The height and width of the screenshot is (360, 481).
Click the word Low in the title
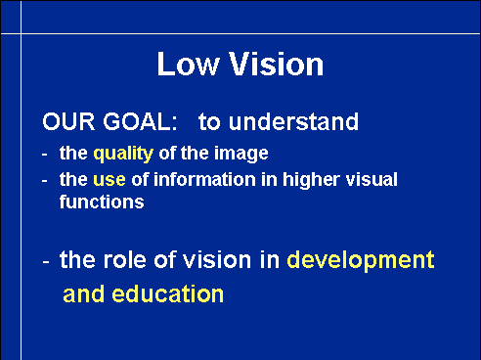[188, 65]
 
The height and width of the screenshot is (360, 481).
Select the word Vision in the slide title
[276, 64]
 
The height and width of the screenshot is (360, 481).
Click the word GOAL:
[140, 121]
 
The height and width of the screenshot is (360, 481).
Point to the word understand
[293, 121]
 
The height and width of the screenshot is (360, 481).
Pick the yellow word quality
[123, 154]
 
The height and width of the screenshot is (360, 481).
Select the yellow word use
[109, 180]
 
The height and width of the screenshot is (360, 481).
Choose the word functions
[102, 202]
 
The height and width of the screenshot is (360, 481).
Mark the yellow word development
[361, 260]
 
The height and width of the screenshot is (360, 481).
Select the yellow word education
[167, 294]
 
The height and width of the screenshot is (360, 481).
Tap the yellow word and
[83, 294]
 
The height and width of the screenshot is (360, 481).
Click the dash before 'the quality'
[45, 155]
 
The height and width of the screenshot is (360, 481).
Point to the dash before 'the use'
[45, 181]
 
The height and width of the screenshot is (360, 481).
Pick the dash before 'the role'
[46, 262]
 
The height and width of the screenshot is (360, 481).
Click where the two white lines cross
[22, 33]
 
